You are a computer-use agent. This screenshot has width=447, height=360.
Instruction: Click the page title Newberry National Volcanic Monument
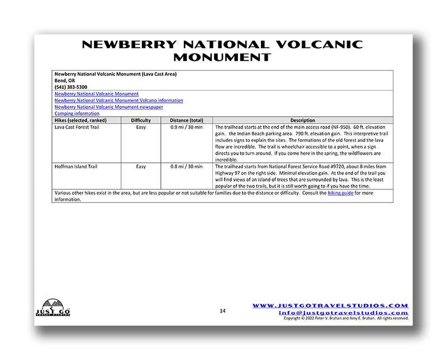222,50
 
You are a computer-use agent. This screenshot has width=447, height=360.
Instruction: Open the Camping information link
77,113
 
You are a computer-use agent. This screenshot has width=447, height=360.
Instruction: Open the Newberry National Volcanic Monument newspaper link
109,107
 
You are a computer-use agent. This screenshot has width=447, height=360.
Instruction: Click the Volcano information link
119,101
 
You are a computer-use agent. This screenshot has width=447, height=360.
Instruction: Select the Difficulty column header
141,120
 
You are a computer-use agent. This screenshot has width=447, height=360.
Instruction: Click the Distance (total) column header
187,120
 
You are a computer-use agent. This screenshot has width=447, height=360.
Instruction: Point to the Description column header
302,120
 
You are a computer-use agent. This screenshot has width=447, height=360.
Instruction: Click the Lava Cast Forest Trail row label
78,127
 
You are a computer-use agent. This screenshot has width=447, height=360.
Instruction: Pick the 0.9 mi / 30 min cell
187,127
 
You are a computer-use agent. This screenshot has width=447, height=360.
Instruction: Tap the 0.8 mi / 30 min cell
187,166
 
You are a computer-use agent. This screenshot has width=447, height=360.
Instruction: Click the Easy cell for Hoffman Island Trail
141,166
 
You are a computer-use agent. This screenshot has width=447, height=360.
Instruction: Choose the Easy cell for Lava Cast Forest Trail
141,127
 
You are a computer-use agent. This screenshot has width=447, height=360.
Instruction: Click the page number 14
222,311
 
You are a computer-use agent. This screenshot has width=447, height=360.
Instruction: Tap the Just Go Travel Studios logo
54,307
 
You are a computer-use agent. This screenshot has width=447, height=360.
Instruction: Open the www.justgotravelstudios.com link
330,306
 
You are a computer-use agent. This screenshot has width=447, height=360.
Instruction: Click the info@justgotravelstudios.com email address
343,312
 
